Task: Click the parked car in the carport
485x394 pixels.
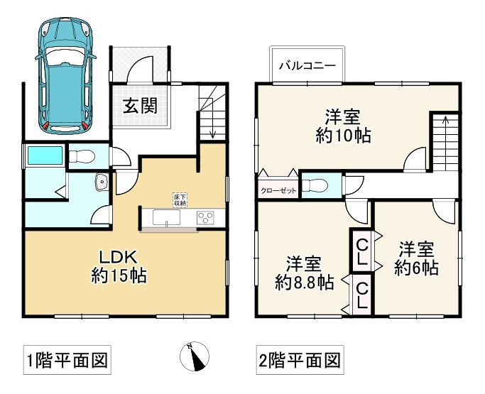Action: click(66, 76)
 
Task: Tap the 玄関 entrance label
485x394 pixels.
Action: click(140, 106)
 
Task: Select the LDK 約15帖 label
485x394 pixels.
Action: click(119, 267)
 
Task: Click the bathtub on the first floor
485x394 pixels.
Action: click(45, 155)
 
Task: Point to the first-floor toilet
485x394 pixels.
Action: click(82, 156)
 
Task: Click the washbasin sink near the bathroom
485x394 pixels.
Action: click(102, 182)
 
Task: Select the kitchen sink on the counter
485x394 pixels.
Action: click(166, 217)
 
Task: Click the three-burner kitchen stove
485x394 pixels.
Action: click(205, 218)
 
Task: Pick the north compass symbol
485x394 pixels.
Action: click(195, 356)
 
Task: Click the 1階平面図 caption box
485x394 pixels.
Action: click(67, 360)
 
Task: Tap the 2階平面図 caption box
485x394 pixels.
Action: click(300, 360)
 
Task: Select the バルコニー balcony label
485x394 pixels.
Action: click(307, 66)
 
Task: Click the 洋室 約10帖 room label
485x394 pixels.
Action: click(343, 126)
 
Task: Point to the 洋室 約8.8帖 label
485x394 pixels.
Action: click(305, 273)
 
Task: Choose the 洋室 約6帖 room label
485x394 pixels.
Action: click(416, 258)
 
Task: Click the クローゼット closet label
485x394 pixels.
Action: click(278, 191)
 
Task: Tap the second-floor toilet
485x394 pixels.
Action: click(315, 185)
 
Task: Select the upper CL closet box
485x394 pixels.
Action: click(362, 253)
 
